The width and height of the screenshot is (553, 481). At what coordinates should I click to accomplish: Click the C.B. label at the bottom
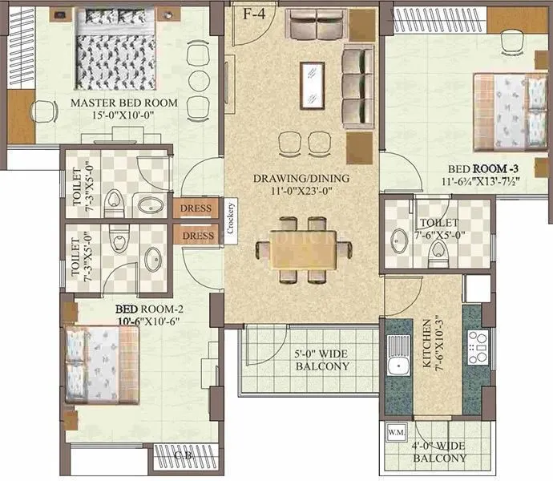184,456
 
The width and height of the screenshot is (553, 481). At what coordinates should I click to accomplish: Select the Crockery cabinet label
231,217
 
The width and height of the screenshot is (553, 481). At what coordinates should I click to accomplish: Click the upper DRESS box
196,208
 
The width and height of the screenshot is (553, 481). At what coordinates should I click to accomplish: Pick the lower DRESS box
196,236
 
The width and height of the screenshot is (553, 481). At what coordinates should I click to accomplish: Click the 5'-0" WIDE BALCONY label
319,360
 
